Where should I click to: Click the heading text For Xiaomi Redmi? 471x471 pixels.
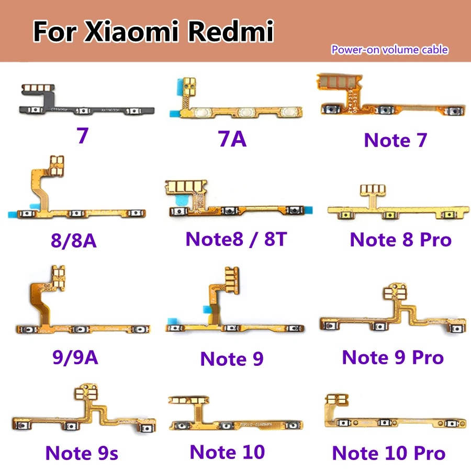[153, 32]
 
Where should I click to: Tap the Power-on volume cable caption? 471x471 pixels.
[389, 50]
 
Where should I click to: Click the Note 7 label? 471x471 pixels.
[395, 140]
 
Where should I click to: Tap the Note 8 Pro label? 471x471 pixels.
[400, 240]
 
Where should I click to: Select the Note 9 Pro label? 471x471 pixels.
[392, 358]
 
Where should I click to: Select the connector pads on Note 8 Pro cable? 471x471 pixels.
[394, 189]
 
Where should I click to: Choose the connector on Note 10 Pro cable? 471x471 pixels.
[336, 401]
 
